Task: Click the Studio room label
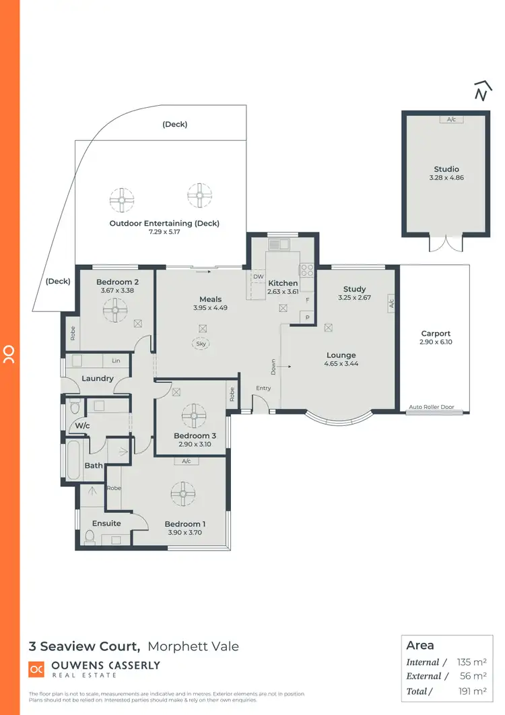[x=446, y=169]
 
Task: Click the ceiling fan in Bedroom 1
[x=182, y=494]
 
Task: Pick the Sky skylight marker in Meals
[x=201, y=343]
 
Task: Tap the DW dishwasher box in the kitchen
[x=258, y=276]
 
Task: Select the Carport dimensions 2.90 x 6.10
[x=436, y=342]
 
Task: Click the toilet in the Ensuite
[x=90, y=536]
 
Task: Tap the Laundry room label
[x=98, y=378]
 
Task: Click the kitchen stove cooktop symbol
[x=307, y=270]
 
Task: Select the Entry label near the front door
[x=263, y=387]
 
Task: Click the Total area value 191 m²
[x=471, y=691]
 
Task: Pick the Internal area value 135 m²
[x=471, y=662]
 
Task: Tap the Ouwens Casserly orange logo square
[x=36, y=669]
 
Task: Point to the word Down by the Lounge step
[x=273, y=366]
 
